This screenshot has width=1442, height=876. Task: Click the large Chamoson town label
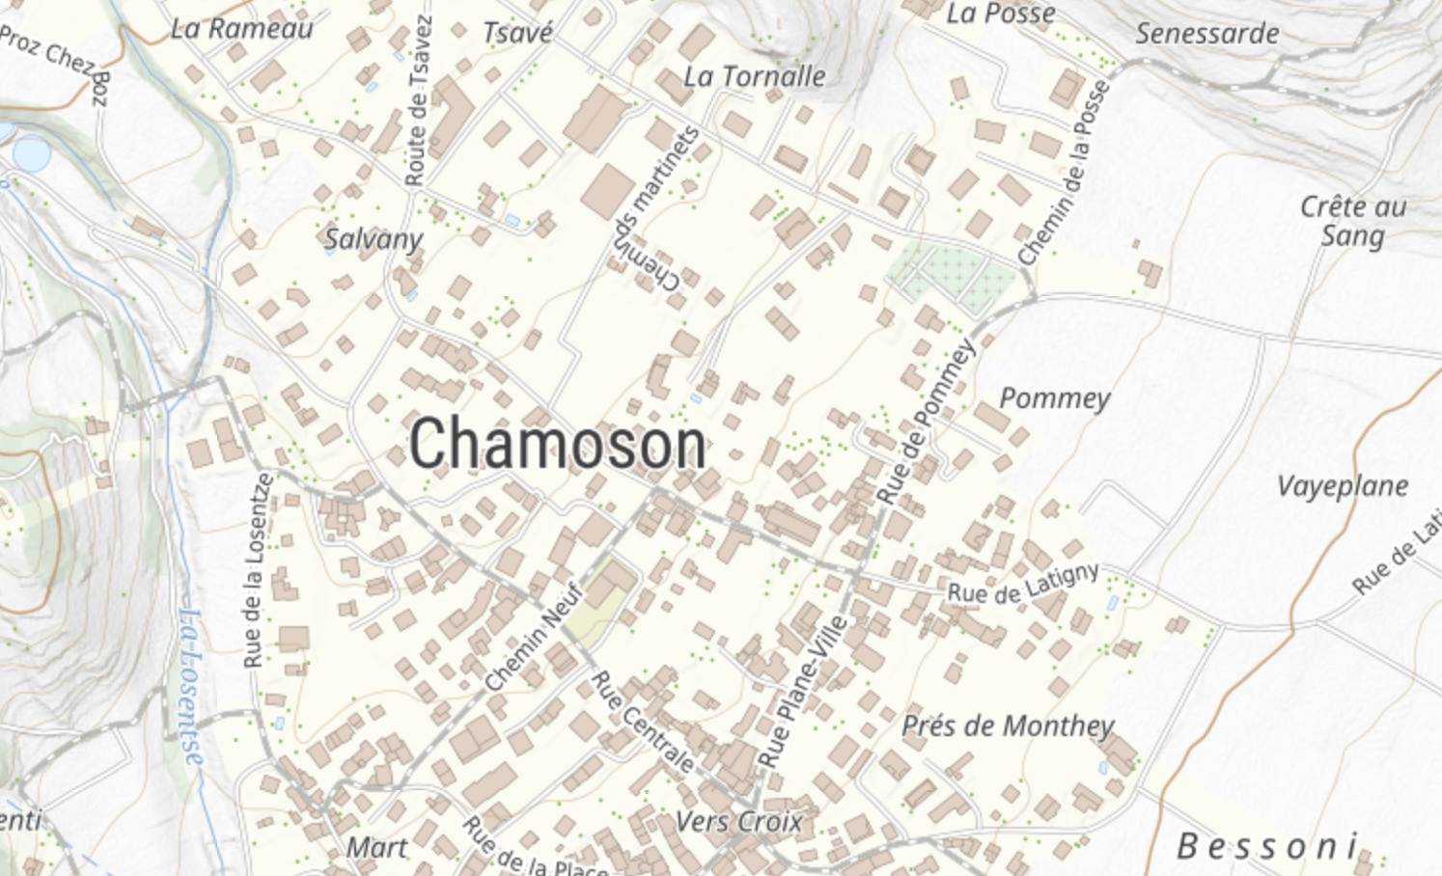(x=558, y=445)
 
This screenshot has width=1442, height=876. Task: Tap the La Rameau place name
(x=242, y=29)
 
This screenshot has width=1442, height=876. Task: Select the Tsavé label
(x=518, y=33)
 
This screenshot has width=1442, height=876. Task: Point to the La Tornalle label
(x=755, y=76)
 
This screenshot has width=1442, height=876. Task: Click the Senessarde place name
(x=1206, y=34)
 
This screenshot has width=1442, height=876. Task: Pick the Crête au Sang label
(x=1352, y=221)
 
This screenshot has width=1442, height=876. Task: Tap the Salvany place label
(x=374, y=239)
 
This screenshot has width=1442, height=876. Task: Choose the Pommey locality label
(x=1054, y=398)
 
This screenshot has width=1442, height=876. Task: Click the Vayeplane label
(x=1343, y=486)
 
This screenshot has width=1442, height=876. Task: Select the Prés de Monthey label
(x=1008, y=725)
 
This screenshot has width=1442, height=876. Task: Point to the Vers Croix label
(x=738, y=822)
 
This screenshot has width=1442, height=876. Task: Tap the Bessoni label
(x=1267, y=847)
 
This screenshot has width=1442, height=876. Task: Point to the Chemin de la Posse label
(x=1066, y=174)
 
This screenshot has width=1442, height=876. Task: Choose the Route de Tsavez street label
(x=419, y=101)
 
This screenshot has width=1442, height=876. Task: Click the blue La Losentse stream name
(x=192, y=686)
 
